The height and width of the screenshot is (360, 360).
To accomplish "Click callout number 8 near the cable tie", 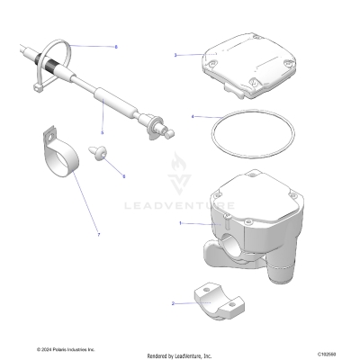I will tap(116, 45).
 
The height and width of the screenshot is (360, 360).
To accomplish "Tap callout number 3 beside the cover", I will tap(175, 55).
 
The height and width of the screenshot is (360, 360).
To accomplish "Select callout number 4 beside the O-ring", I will tap(193, 116).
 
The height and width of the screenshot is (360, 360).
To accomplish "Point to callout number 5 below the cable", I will tap(102, 132).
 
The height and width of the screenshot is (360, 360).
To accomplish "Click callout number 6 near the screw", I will tap(123, 175).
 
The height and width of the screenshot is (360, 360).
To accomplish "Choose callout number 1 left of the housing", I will tap(181, 222).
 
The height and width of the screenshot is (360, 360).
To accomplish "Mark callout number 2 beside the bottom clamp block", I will tap(173, 303).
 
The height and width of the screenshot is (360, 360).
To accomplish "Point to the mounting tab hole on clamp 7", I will tap(46, 139).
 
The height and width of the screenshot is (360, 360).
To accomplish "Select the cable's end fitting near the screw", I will tap(161, 127).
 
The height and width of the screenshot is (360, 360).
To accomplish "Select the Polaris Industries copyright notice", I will tap(65, 350).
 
